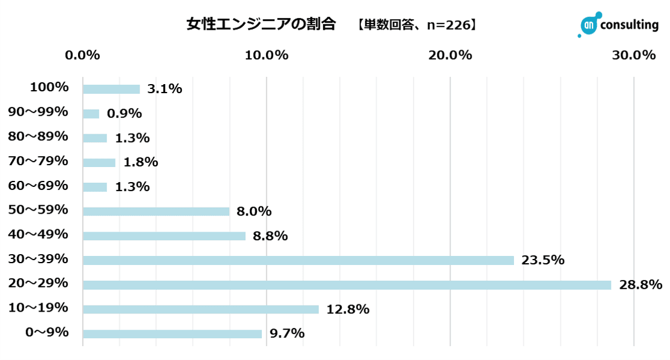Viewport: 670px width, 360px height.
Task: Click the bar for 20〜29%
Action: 346,285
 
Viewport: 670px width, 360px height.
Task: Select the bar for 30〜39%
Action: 298,260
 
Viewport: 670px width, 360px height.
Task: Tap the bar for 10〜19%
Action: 200,309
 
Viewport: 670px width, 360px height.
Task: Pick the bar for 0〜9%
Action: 172,334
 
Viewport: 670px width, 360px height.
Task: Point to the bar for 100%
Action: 111,89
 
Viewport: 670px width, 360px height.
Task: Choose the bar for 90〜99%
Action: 91,114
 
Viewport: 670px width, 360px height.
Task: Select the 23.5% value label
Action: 543,260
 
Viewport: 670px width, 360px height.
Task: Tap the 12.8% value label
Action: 348,309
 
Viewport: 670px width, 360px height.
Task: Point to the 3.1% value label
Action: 164,89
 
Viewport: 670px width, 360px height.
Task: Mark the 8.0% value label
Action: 254,211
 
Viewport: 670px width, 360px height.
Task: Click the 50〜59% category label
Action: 38,210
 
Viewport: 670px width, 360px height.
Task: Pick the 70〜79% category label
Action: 38,161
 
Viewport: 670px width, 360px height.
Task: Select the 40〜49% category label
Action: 38,234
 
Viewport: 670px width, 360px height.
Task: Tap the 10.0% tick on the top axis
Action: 267,55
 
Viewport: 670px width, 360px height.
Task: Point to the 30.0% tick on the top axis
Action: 634,55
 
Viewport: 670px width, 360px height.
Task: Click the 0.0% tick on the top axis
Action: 82,55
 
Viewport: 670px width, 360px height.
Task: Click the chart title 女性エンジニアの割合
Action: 261,24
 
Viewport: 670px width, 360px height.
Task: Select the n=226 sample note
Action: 446,25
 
